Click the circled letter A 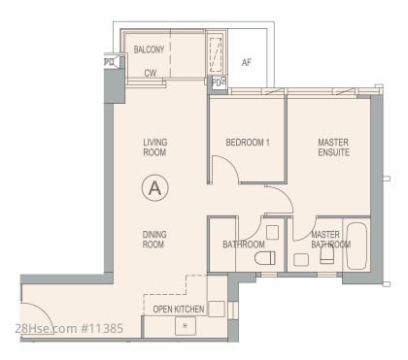tap(155, 188)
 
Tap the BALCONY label tap(149, 49)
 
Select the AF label tap(247, 62)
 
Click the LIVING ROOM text tap(155, 147)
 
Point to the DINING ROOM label tap(154, 240)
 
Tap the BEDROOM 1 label tap(248, 143)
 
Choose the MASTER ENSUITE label tap(333, 147)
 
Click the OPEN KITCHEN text tap(179, 310)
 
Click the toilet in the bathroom tap(265, 258)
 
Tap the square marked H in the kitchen tap(186, 326)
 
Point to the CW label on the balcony tap(151, 73)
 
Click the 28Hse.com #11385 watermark tap(69, 328)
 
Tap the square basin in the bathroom tap(272, 232)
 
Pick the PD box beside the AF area tap(219, 82)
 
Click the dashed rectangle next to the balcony tap(216, 55)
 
